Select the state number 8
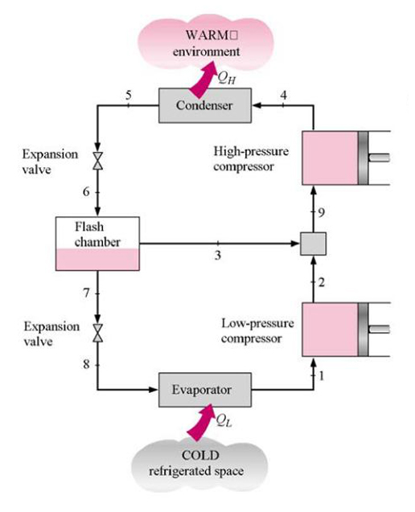tap(86, 363)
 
